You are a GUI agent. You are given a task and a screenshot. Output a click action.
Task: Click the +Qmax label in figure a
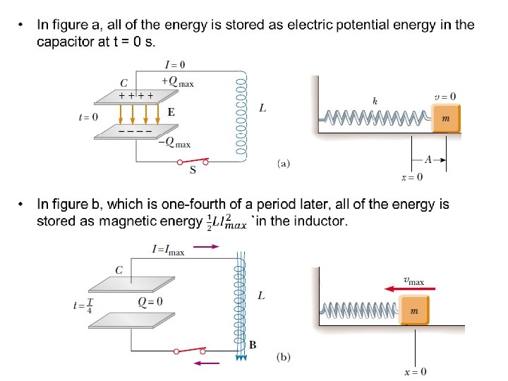coord(177,82)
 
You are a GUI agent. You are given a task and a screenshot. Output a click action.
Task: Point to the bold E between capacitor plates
coord(171,112)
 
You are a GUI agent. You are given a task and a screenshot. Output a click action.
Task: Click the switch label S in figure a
coord(192,169)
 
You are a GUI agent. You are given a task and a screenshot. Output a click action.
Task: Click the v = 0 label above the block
coord(445,97)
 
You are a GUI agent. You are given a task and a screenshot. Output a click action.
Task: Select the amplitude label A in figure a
coord(428,160)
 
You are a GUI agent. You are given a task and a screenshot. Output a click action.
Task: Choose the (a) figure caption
coord(282,164)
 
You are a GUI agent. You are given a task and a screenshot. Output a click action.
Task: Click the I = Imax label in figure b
coord(168,249)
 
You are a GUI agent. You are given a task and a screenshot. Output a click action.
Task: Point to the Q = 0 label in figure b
coord(150,301)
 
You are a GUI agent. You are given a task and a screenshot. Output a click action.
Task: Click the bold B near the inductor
coord(253,345)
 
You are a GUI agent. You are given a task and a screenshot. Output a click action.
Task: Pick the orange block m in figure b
coord(415,310)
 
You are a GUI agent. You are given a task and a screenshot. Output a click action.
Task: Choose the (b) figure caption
coord(282,357)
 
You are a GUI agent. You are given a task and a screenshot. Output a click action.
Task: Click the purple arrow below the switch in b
coord(207,363)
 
